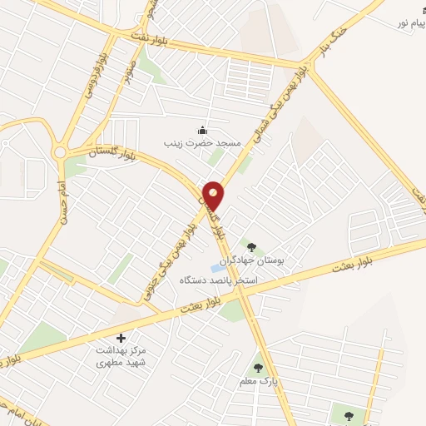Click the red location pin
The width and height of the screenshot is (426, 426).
click(x=214, y=195)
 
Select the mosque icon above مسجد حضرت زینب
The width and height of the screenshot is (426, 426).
click(x=201, y=130)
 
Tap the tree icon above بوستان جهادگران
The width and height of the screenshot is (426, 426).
click(x=250, y=246)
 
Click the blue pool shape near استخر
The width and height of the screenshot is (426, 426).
click(x=216, y=269)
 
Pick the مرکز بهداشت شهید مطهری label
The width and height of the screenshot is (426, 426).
click(x=121, y=357)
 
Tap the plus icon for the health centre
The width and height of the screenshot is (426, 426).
click(x=121, y=338)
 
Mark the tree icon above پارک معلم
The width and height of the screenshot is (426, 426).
click(x=258, y=366)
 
